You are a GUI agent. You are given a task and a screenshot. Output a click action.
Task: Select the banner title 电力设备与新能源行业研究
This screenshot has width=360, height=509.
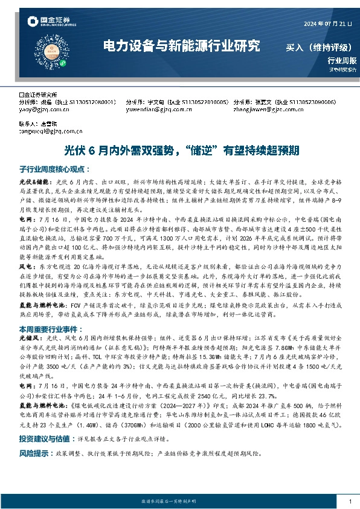point(181,46)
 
